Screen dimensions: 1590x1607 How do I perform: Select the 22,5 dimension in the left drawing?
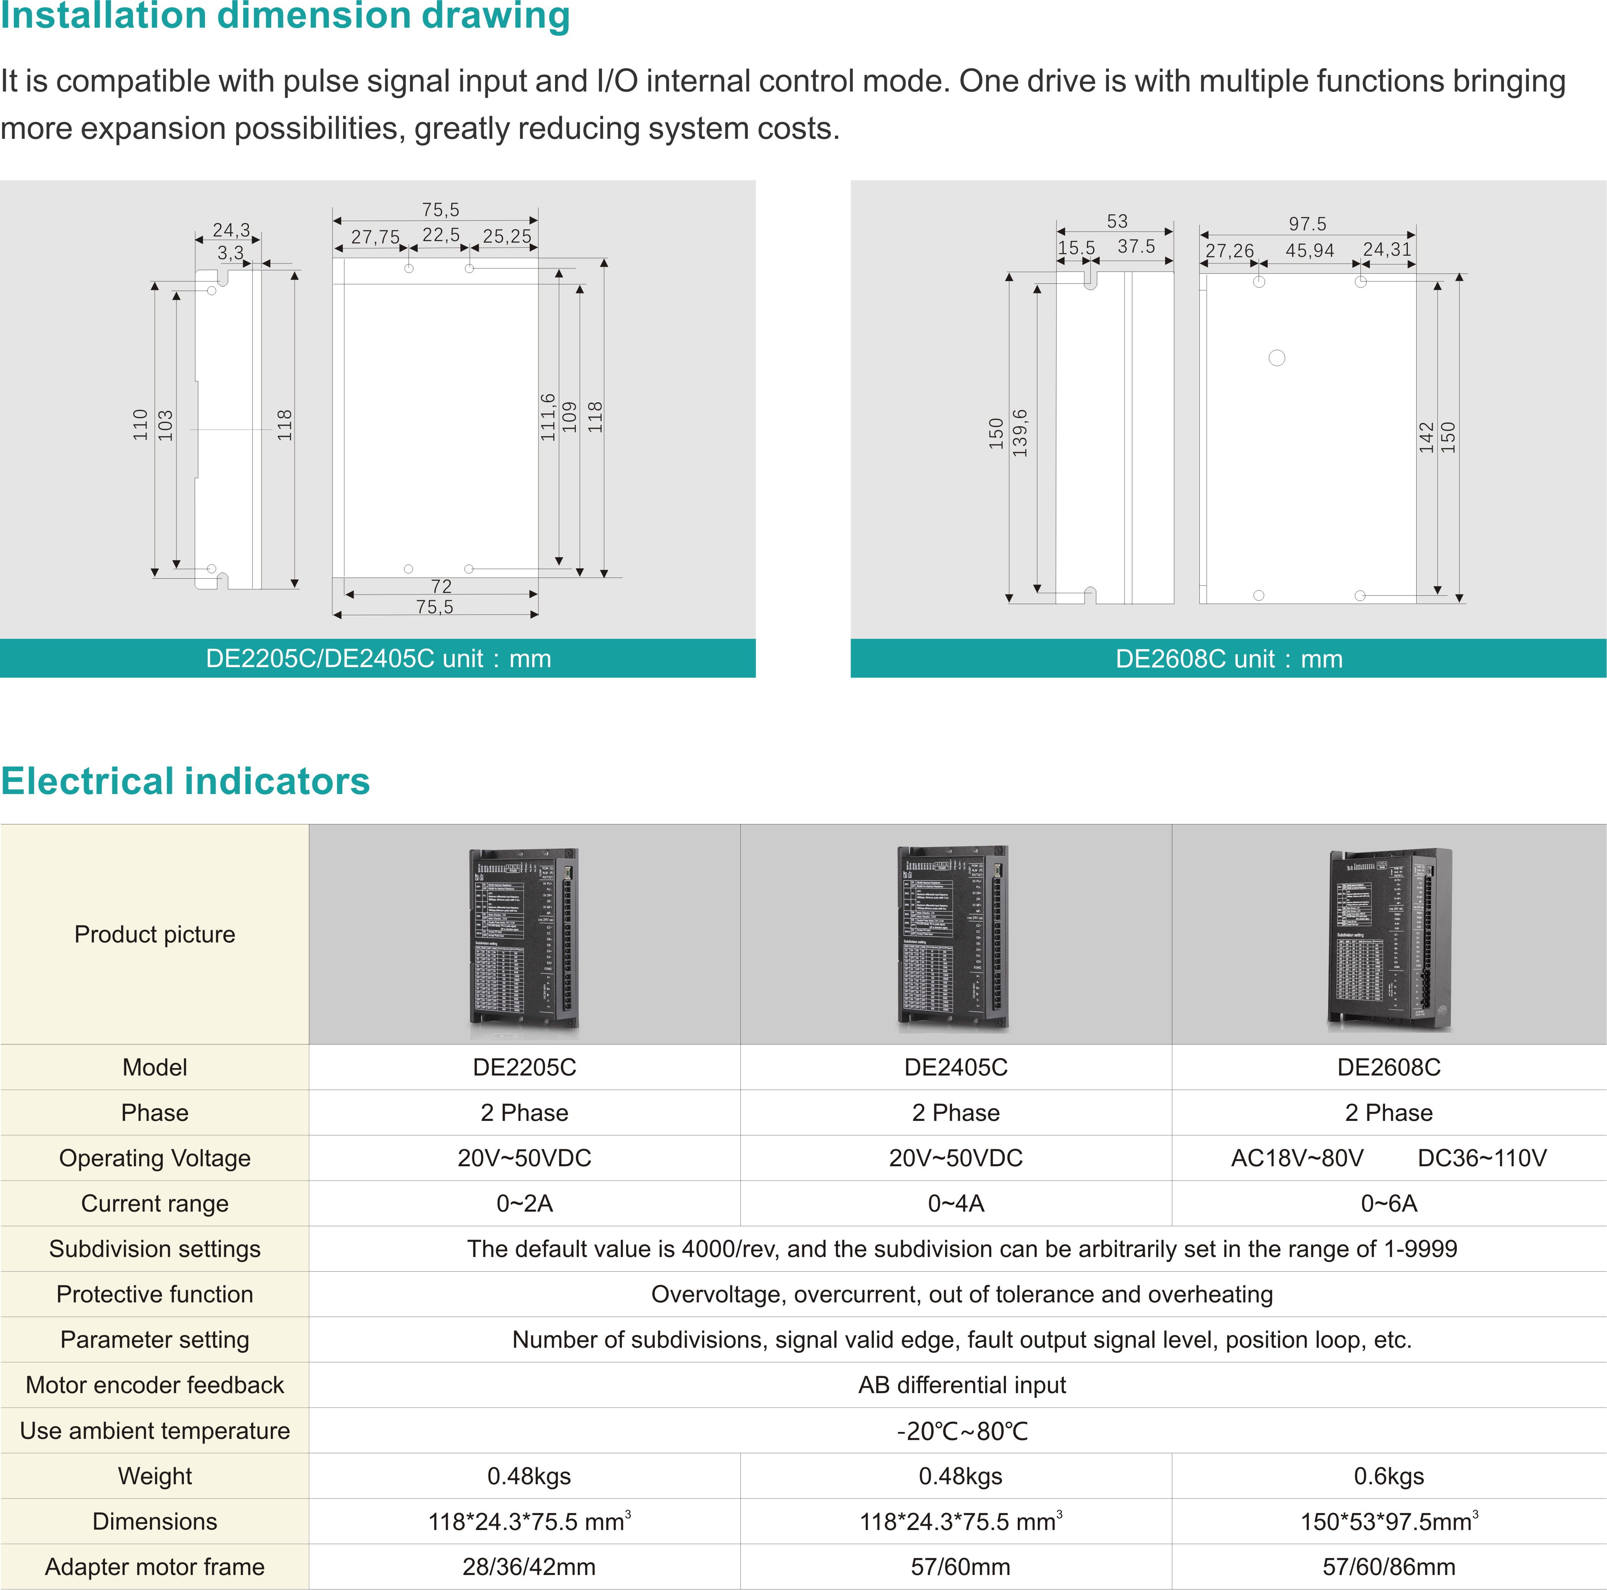[x=441, y=235]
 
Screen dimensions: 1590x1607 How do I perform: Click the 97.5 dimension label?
[x=1307, y=224]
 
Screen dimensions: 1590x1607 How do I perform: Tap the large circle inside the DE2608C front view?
[x=1277, y=358]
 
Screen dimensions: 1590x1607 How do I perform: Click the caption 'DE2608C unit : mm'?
[x=1229, y=659]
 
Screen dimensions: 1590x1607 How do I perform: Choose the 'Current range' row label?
[x=155, y=1203]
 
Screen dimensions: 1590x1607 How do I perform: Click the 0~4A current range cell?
[x=956, y=1203]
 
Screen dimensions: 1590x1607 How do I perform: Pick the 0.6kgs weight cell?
[x=1389, y=1476]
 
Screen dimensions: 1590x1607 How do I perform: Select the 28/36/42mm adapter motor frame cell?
[x=529, y=1567]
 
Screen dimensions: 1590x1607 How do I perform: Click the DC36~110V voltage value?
[x=1481, y=1157]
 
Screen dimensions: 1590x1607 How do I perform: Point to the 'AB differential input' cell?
[x=962, y=1385]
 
